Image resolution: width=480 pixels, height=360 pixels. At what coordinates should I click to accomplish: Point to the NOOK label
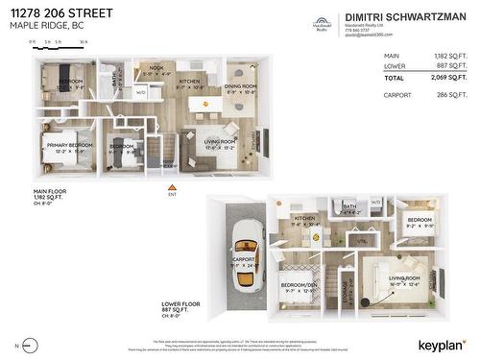[156, 69]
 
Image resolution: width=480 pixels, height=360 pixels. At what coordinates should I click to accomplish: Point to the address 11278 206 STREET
[60, 13]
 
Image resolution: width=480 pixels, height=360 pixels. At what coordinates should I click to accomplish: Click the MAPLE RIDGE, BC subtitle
[44, 27]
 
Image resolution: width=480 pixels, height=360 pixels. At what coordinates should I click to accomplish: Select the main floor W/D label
[140, 93]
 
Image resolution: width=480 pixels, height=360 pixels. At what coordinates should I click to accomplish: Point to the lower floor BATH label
[349, 205]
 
